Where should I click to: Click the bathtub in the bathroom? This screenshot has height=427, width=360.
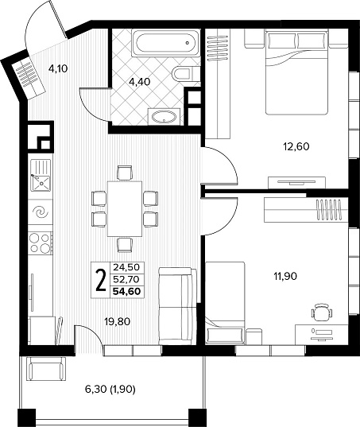tap(166, 43)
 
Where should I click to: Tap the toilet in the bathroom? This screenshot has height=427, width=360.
tap(183, 73)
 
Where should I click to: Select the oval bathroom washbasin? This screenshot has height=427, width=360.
tap(164, 117)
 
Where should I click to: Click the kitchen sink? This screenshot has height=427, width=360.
tap(41, 176)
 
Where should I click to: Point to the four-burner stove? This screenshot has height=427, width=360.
tap(41, 243)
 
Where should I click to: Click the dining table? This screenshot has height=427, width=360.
tap(125, 209)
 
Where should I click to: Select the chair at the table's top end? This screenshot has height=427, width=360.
tap(125, 173)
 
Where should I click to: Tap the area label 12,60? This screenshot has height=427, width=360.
tap(296, 147)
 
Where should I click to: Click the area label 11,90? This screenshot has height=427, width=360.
tap(285, 277)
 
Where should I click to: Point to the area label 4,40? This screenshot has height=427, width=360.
tap(140, 81)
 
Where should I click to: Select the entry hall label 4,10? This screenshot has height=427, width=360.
tap(58, 68)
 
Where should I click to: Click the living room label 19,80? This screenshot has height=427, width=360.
tap(118, 322)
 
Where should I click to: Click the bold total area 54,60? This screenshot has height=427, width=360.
tap(127, 292)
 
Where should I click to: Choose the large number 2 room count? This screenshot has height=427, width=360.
tap(101, 280)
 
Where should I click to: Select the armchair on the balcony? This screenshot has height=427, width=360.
tap(46, 369)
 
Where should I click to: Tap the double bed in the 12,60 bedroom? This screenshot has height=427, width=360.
tap(296, 72)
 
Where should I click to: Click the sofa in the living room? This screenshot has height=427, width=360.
tap(177, 306)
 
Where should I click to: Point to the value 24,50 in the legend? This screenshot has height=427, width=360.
tap(126, 267)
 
